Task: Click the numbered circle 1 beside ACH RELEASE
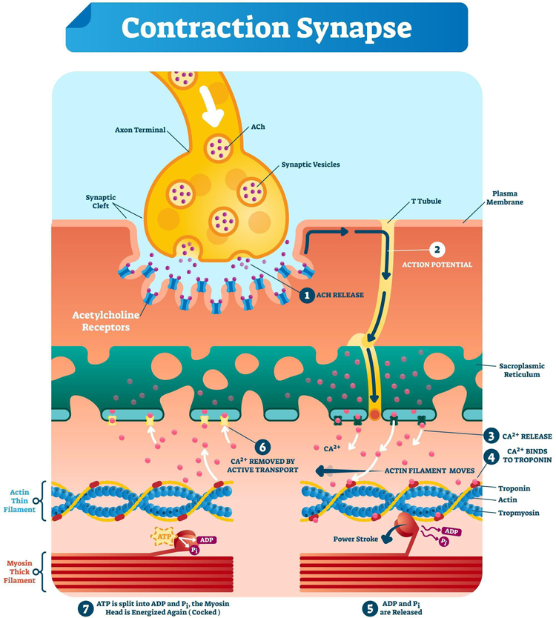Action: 307,295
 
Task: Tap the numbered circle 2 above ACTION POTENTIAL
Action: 437,250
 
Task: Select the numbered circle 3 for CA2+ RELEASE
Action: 492,436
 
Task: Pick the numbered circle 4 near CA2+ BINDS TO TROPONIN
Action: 492,457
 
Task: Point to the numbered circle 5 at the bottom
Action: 370,608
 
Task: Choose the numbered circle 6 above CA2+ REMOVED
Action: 262,447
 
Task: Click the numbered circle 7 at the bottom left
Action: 85,608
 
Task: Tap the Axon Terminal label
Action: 140,130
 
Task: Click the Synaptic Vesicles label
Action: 311,165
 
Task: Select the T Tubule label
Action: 426,201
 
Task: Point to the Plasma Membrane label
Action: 505,198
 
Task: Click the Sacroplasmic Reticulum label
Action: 522,370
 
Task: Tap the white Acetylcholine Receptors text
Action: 106,321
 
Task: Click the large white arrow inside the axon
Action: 211,106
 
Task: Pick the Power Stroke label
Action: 355,539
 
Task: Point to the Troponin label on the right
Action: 514,488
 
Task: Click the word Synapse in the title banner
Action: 354,28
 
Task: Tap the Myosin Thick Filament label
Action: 20,571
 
